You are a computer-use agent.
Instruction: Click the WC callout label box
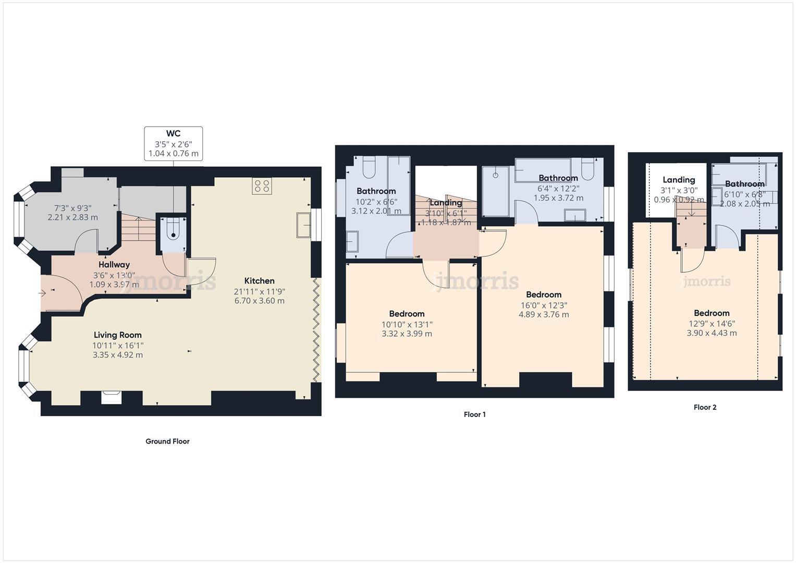coord(173,143)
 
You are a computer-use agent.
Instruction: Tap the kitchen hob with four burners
coord(262,186)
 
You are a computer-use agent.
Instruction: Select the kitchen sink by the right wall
coord(303,225)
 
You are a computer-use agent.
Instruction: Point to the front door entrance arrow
coord(43,293)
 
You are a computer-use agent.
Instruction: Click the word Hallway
coord(114,265)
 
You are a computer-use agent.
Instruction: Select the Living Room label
coord(117,335)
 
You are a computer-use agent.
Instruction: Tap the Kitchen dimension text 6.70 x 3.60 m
coord(259,301)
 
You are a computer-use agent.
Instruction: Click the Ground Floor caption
coord(167,442)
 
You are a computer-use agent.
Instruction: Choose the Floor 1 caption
coord(474,415)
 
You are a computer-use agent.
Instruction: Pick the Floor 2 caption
coord(705,408)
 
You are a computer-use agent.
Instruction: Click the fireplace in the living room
coord(112,397)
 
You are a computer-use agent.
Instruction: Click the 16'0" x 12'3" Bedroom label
coord(543,295)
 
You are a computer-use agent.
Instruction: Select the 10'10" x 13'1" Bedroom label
coord(407,314)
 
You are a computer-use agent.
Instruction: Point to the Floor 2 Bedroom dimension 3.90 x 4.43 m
coord(712,333)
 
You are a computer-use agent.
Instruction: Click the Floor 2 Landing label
coord(678,180)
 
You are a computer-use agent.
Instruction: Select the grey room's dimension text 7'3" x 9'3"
coord(72,208)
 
